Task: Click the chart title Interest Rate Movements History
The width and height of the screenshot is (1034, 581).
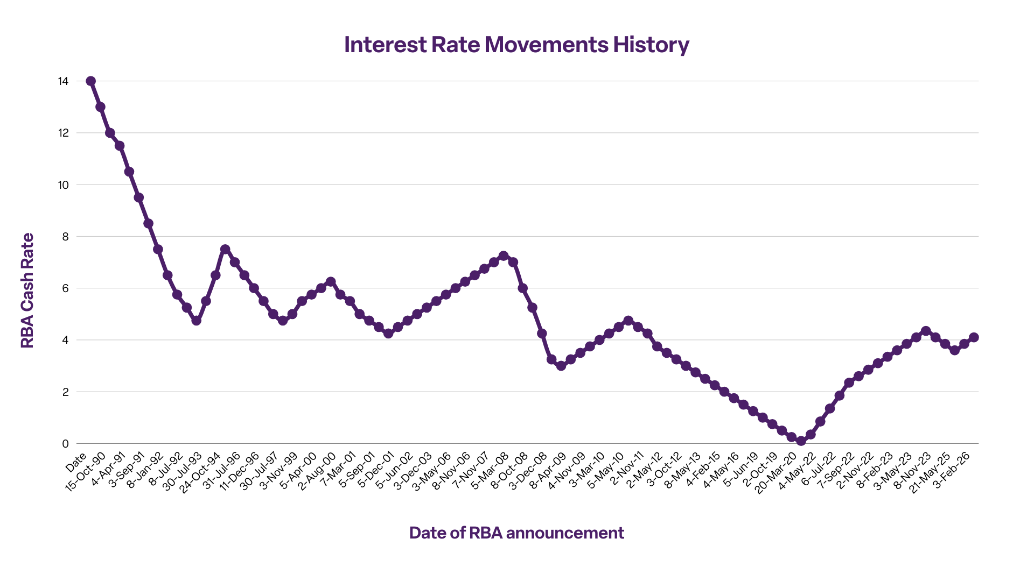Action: [516, 45]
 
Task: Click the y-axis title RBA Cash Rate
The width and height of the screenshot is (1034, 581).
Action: [27, 290]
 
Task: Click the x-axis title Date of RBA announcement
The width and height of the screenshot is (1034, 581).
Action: [516, 533]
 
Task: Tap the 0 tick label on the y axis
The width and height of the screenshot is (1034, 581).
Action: [65, 444]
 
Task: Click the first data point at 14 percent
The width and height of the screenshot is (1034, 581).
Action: [91, 81]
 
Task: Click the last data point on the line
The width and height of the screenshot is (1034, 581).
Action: [974, 337]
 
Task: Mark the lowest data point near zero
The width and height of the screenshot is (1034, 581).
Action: [801, 441]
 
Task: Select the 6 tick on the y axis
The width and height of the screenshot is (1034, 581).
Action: [65, 288]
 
